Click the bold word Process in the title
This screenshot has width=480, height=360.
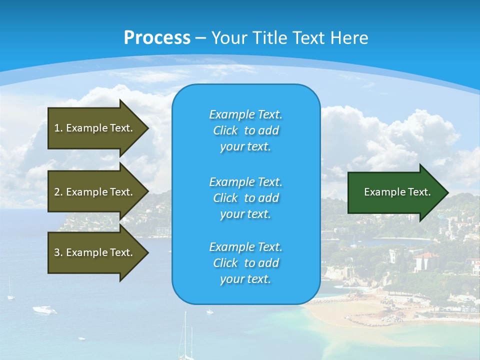click(x=157, y=38)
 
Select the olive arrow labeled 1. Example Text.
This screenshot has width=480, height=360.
click(x=95, y=128)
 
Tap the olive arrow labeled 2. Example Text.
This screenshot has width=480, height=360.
click(x=95, y=192)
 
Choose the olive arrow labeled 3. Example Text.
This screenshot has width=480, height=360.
click(x=95, y=252)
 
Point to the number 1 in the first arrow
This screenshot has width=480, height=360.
click(x=57, y=128)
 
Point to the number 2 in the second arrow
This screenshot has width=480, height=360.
click(x=57, y=192)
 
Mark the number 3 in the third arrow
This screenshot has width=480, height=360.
click(x=57, y=252)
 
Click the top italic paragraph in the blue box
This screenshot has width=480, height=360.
click(x=245, y=130)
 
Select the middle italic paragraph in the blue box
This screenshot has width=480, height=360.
click(x=245, y=198)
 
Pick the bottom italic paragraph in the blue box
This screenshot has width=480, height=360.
click(x=245, y=263)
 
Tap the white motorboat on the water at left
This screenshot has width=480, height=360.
click(x=44, y=310)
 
